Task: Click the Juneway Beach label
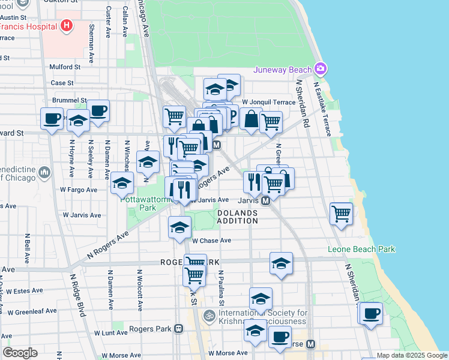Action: point(283,70)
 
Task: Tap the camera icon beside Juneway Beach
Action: point(321,69)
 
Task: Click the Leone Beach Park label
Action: point(361,249)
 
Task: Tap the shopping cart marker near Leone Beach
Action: point(342,213)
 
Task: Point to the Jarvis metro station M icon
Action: point(265,200)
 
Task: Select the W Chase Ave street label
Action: point(211,241)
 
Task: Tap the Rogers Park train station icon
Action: point(179,328)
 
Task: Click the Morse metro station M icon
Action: point(310,344)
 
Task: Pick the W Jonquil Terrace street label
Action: point(269,102)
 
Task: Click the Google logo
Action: point(20,352)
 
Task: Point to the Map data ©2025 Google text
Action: point(411,355)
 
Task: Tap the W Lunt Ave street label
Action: point(111,332)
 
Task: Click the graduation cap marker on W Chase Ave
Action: point(179,228)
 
